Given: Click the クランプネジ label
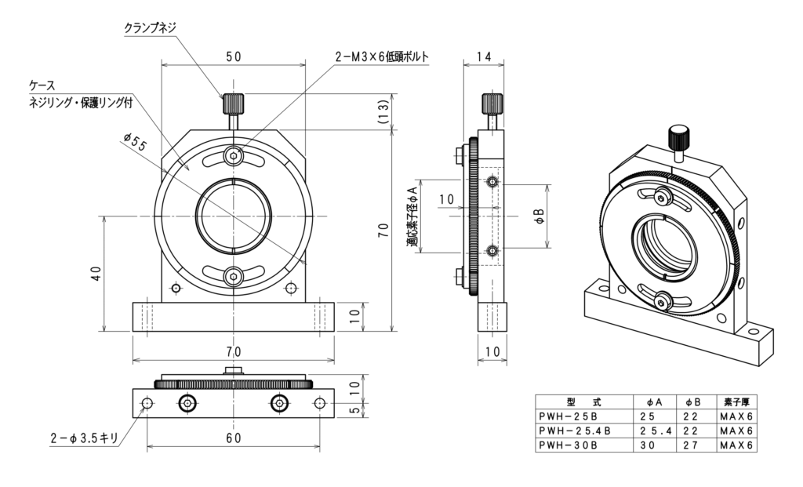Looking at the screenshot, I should pos(151,27).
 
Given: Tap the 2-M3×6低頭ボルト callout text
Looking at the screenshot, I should pos(382,56).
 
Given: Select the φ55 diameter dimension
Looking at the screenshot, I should pos(136,142).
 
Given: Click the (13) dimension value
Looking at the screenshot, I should pos(383,111).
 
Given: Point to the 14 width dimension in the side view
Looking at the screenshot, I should pos(483,56).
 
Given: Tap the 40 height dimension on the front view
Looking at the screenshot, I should pos(96,273).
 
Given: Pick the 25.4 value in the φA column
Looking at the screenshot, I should pos(653,431).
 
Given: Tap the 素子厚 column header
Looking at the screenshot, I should pos(736,402).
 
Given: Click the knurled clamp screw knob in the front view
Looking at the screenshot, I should pos(233,104).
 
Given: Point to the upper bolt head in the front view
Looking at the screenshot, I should pos(233,156).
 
